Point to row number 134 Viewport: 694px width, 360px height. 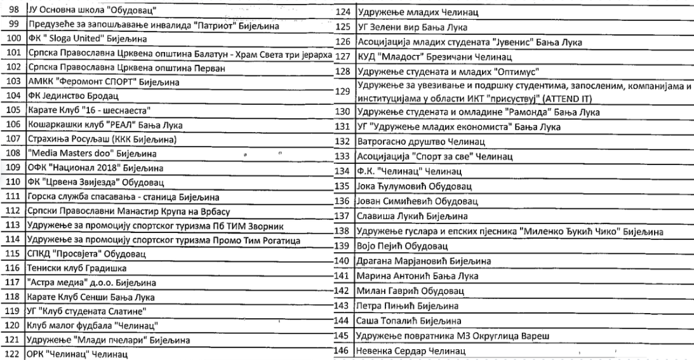tap(343, 171)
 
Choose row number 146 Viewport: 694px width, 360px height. tap(343, 350)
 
